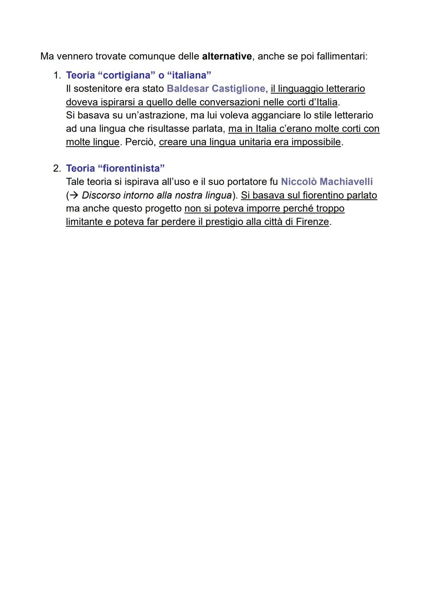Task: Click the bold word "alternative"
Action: [227, 56]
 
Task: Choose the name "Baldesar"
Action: [187, 89]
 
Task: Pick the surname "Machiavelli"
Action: [346, 182]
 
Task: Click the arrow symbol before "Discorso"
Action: [73, 195]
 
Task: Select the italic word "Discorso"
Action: [101, 195]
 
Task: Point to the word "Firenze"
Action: [312, 222]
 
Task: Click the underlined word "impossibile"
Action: [316, 142]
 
